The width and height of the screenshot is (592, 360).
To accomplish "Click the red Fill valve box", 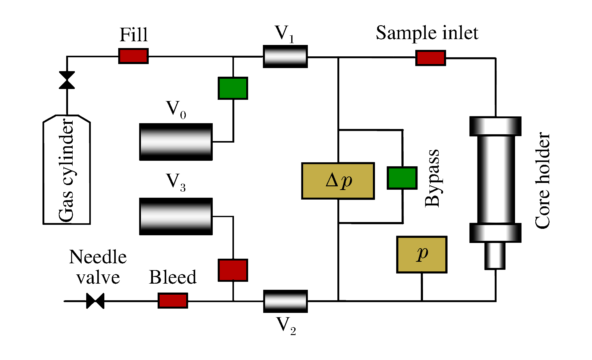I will click(133, 56).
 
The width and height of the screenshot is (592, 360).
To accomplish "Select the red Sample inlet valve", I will click(430, 58).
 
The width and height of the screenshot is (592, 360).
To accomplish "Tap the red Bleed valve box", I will click(173, 301).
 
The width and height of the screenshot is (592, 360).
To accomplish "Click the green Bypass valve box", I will click(402, 178).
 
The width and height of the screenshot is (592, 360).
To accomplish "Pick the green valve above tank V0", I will click(233, 88).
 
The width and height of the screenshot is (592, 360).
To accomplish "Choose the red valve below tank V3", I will click(233, 270).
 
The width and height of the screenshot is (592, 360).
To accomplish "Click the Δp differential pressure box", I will click(338, 181).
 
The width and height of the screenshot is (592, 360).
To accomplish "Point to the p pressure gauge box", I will click(421, 254).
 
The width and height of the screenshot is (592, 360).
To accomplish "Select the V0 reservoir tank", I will click(176, 142).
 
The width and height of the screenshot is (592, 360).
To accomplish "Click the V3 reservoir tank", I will click(176, 216).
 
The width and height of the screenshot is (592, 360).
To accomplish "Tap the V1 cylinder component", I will click(285, 56).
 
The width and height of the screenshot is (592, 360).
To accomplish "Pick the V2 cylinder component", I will click(285, 301).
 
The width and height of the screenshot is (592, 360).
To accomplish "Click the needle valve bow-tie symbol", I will click(95, 301).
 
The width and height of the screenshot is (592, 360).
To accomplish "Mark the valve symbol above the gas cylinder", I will click(67, 80).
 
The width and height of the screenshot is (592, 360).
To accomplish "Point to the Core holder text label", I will click(542, 180).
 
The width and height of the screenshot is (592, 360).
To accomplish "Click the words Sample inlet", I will click(427, 33).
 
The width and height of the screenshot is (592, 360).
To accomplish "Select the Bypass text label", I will click(433, 178).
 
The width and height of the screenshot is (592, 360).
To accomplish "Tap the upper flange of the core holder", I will click(495, 126).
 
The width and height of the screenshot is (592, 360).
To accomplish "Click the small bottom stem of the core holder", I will click(495, 256).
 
